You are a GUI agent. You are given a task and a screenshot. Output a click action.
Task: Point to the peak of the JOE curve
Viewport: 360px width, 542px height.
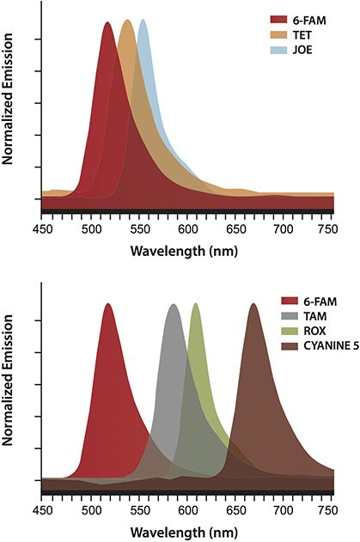(143, 21)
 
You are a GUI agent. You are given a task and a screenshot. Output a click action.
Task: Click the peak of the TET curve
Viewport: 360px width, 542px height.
(126, 21)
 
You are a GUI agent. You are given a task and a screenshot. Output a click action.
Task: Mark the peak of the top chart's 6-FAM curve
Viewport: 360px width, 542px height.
(107, 23)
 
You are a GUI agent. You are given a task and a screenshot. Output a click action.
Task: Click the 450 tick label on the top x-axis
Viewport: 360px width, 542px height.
(42, 228)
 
